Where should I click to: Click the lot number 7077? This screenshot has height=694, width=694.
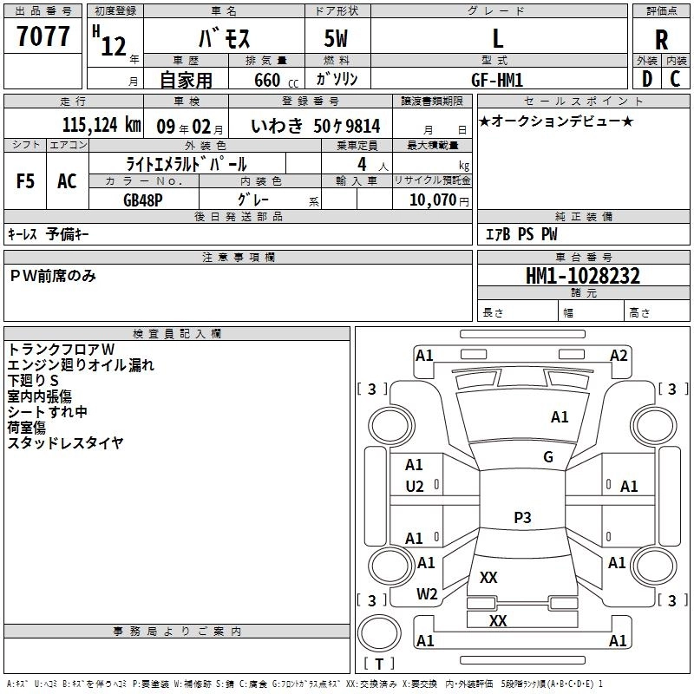[x=43, y=37]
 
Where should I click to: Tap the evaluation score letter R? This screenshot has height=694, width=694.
[x=661, y=40]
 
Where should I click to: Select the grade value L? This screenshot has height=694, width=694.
[x=497, y=38]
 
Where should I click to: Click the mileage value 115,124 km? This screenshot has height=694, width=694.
[x=101, y=125]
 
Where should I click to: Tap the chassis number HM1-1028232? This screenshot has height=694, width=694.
[x=583, y=276]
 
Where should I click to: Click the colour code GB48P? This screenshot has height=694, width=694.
[x=142, y=199]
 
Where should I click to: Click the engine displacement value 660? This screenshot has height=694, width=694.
[x=267, y=80]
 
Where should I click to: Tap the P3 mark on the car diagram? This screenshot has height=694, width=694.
[x=522, y=518]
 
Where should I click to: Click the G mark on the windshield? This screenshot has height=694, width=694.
[x=548, y=457]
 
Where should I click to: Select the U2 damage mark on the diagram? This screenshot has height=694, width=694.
[x=415, y=486]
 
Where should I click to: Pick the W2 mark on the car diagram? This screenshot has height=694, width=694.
[x=426, y=593]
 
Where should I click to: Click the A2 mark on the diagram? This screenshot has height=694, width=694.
[x=619, y=355]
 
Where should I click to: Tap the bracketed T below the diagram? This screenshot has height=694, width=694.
[x=378, y=664]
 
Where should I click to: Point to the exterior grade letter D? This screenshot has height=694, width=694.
[x=646, y=79]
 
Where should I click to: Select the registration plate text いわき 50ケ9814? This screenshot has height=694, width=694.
[x=315, y=126]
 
